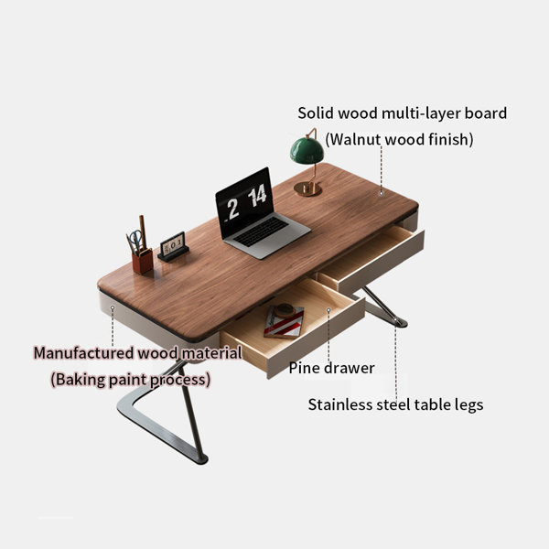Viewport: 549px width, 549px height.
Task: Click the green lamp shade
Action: pyautogui.click(x=307, y=151)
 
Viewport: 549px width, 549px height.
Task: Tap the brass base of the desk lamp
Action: pyautogui.click(x=307, y=189)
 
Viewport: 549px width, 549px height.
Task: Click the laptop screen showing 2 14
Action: pyautogui.click(x=244, y=203)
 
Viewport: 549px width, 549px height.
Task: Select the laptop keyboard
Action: pyautogui.click(x=261, y=231)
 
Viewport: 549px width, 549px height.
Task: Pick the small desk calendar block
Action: pyautogui.click(x=173, y=247)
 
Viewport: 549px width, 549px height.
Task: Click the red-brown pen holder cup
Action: pyautogui.click(x=143, y=261)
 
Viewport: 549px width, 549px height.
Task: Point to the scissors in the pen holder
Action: pyautogui.click(x=135, y=241)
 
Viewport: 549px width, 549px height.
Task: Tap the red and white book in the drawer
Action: pyautogui.click(x=284, y=322)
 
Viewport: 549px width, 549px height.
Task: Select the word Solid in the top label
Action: pyautogui.click(x=316, y=113)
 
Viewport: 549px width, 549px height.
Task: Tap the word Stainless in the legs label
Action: pyautogui.click(x=340, y=404)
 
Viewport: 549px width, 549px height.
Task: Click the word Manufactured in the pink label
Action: pyautogui.click(x=83, y=353)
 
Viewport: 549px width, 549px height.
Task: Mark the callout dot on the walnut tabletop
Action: pyautogui.click(x=382, y=193)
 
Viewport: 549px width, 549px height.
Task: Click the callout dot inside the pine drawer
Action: pyautogui.click(x=328, y=310)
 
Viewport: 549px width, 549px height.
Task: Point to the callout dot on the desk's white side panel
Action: pyautogui.click(x=113, y=307)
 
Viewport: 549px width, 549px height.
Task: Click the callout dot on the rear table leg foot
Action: pyautogui.click(x=395, y=320)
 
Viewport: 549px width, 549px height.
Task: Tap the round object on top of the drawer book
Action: pyautogui.click(x=285, y=310)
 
